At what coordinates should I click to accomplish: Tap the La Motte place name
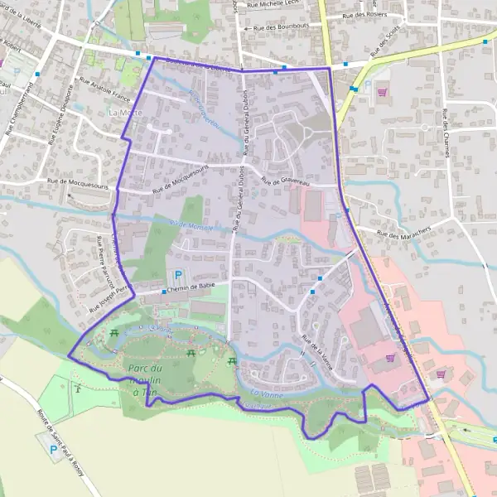125,112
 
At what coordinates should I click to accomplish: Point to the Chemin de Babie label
191,287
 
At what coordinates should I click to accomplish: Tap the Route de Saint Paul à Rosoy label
67,439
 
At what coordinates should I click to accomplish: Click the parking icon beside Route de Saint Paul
54,450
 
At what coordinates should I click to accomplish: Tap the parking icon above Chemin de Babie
176,275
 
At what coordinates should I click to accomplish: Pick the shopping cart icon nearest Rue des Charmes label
382,93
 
